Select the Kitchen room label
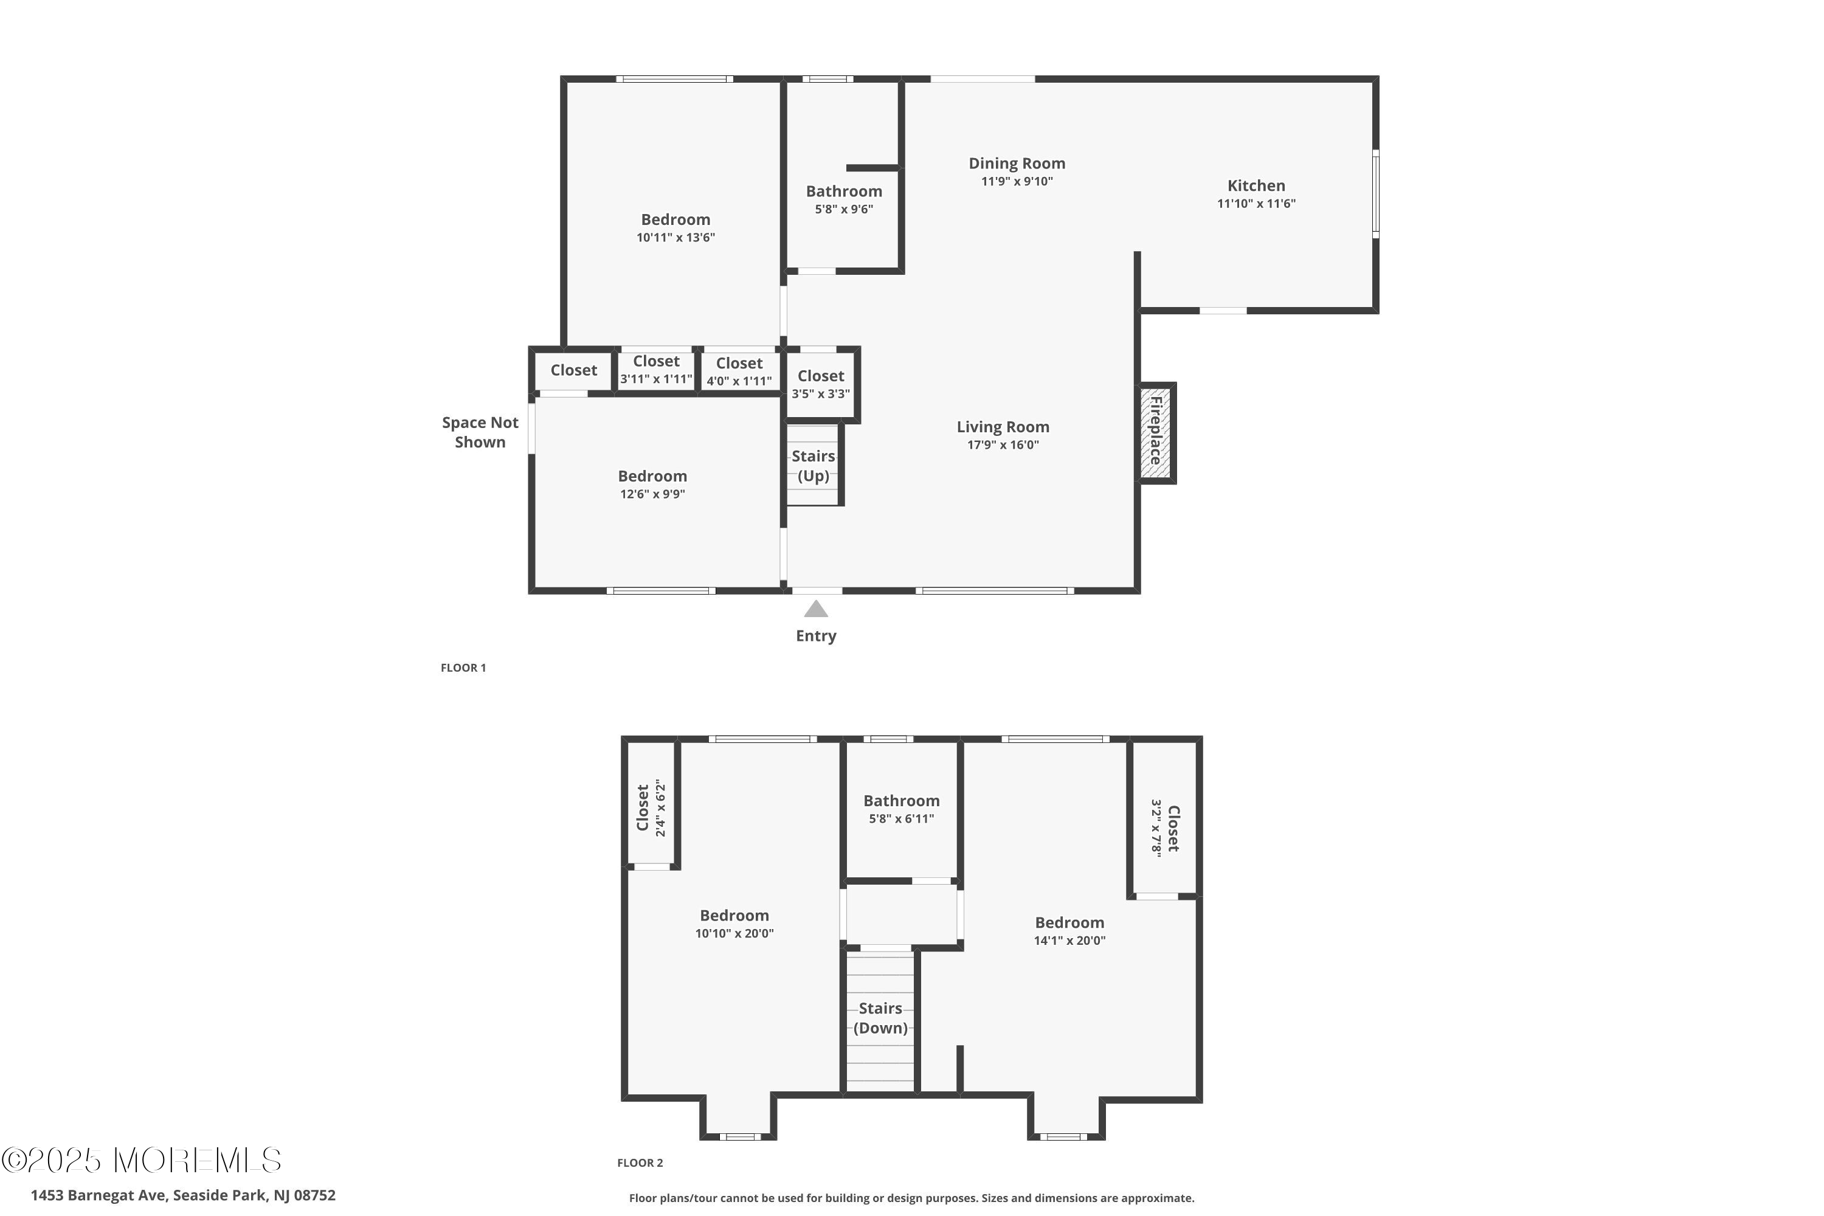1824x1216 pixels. click(x=1256, y=185)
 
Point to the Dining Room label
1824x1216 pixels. click(x=1017, y=164)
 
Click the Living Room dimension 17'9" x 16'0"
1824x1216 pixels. click(x=1003, y=445)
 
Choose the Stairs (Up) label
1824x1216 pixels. click(x=814, y=466)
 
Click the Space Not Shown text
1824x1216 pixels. click(x=480, y=432)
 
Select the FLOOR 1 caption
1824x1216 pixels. click(x=463, y=668)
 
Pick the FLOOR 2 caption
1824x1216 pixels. click(x=640, y=1162)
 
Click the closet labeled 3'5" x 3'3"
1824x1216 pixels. click(x=820, y=384)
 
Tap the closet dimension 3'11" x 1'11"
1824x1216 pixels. click(x=656, y=379)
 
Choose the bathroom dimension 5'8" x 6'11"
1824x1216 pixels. click(x=901, y=819)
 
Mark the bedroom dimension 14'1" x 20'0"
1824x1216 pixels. click(x=1069, y=941)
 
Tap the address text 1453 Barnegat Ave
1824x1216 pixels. click(x=98, y=1195)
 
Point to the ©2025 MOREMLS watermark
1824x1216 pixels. click(x=141, y=1161)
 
